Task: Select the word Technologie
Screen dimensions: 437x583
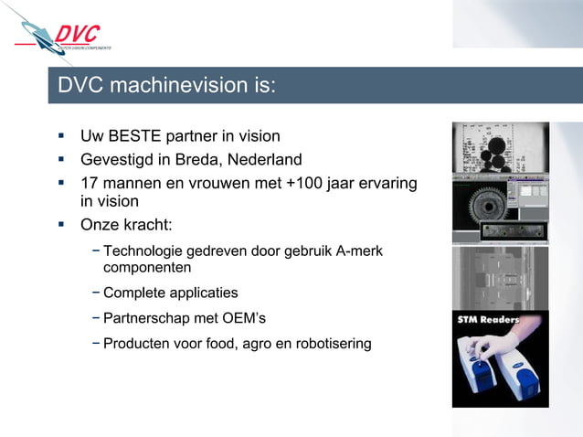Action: coord(145,251)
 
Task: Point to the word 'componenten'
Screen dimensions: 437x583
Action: coord(147,269)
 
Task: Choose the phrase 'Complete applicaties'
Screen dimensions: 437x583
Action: coord(170,293)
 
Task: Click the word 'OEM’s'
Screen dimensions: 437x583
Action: coord(245,319)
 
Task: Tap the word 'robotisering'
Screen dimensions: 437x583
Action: coord(330,345)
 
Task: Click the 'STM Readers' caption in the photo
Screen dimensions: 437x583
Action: coord(489,320)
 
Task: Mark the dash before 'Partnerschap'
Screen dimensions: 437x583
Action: coord(96,319)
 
